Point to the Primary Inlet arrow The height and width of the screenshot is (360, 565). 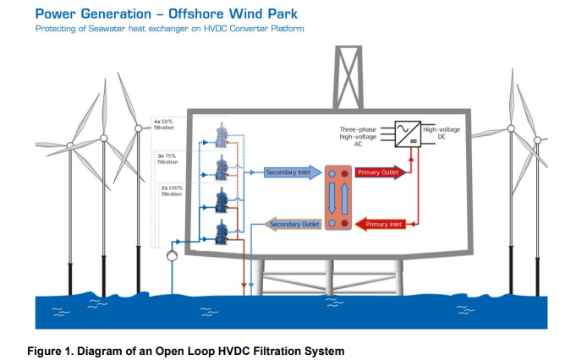[382, 224]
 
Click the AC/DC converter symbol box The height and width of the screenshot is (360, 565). [408, 132]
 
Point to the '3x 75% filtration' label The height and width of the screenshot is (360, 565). [167, 158]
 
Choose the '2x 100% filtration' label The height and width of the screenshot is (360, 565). [172, 190]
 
